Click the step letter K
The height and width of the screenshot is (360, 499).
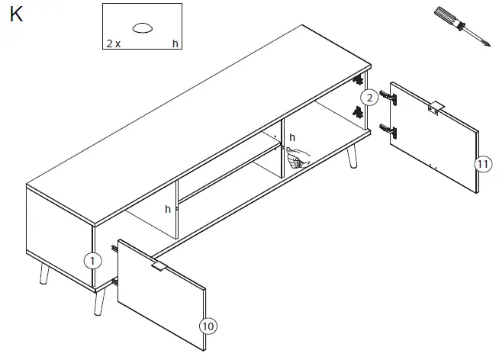point(16,14)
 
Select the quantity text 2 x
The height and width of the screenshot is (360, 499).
point(113,44)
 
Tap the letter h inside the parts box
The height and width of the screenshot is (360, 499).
point(175,44)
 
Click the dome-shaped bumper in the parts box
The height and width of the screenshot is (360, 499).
point(143,28)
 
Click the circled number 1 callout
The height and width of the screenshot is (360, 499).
point(92,261)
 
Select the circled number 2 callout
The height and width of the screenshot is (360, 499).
point(369,98)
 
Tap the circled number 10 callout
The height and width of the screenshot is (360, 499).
point(208,326)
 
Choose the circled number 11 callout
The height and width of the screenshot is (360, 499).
point(481,164)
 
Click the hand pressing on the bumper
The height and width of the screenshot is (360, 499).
point(299,157)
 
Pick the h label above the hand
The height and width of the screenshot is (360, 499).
point(291,138)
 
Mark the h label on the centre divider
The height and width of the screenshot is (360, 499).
point(168,209)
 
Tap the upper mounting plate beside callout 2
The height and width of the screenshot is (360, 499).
point(357,80)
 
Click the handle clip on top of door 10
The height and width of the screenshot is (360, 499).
point(158,267)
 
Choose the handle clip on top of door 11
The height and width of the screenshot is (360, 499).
point(435,106)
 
